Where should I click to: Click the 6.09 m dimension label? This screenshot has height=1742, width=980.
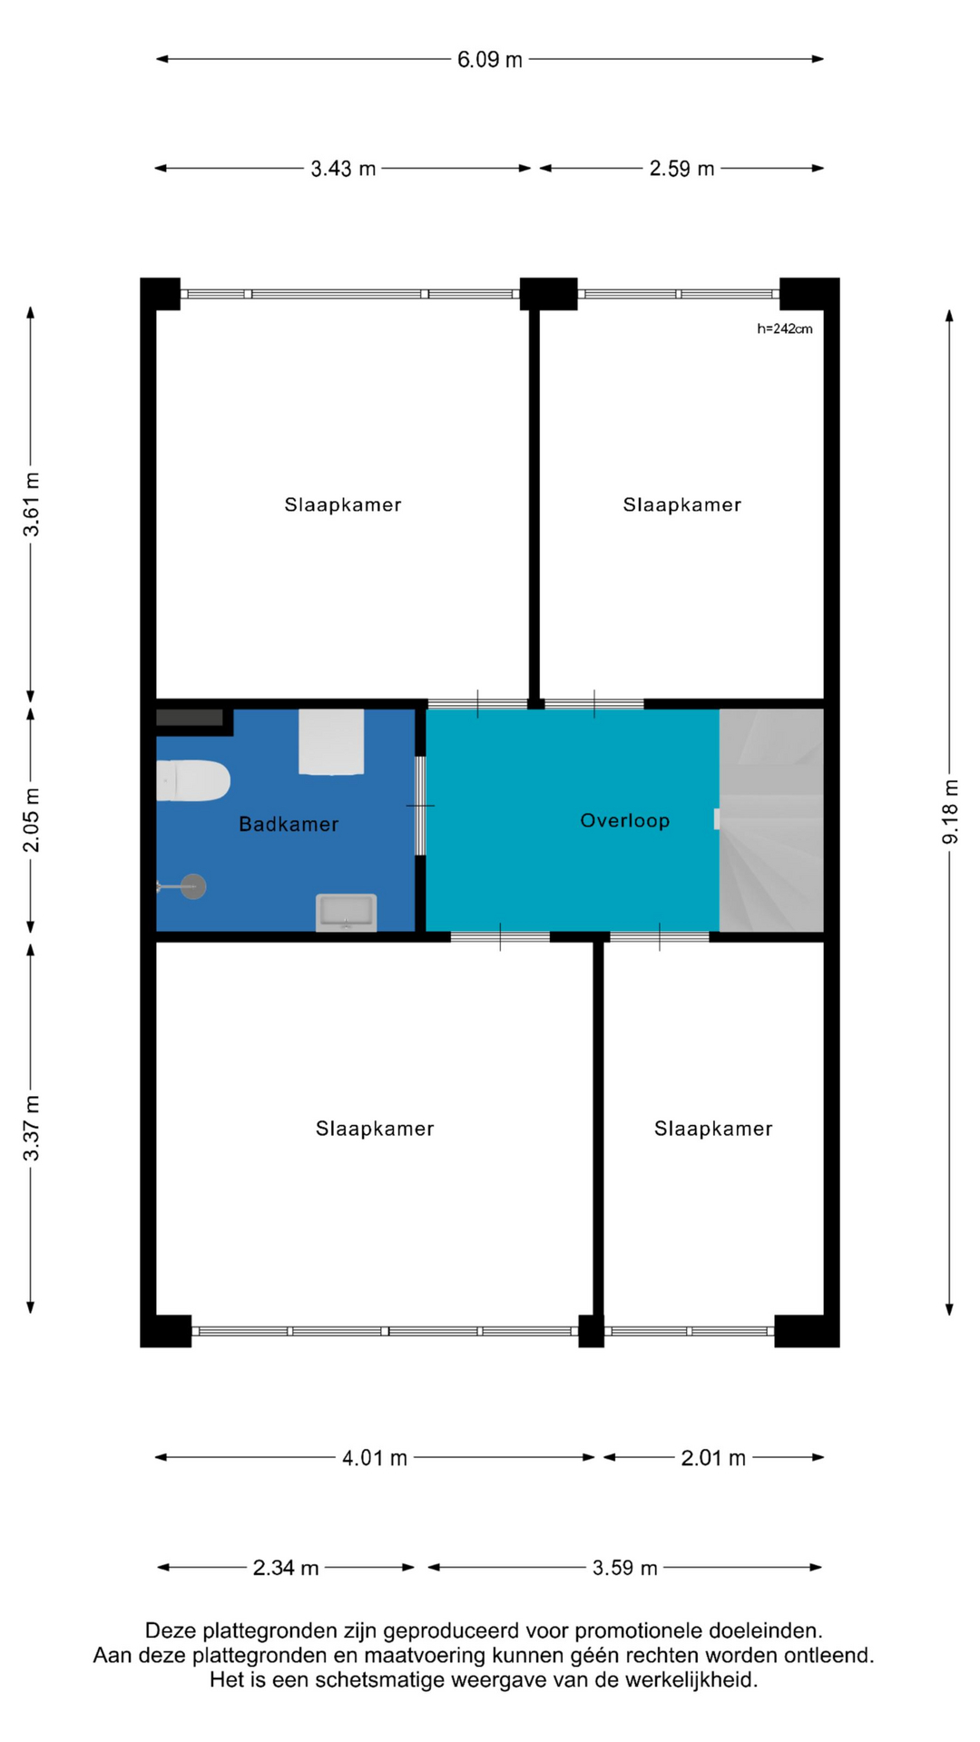pos(490,60)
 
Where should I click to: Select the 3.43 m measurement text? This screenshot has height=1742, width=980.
pos(343,169)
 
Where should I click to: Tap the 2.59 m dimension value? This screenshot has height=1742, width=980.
pos(681,169)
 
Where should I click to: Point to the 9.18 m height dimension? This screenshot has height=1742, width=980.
pos(950,812)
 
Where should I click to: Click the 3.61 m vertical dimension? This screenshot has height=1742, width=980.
pos(32,504)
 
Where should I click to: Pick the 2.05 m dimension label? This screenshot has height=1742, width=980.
pos(32,821)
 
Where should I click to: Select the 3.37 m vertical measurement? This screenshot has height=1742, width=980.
pos(32,1129)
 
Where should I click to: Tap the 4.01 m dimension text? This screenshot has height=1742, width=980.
pos(374,1458)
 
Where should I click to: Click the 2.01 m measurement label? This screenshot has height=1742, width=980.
pos(713,1458)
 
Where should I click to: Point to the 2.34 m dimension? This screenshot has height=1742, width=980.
pos(286,1568)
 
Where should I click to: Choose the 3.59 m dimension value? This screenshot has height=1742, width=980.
pos(624,1568)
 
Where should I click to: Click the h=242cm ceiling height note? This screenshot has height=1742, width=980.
pos(785,328)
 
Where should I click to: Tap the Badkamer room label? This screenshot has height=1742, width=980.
pos(289,824)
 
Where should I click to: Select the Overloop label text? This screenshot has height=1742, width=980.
pos(625,820)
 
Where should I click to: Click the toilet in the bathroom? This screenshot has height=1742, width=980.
pos(192,780)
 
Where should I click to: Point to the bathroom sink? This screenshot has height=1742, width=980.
pos(346,913)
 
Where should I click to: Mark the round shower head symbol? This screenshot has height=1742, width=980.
pos(193,886)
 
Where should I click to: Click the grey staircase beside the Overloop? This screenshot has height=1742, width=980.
pos(771,820)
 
